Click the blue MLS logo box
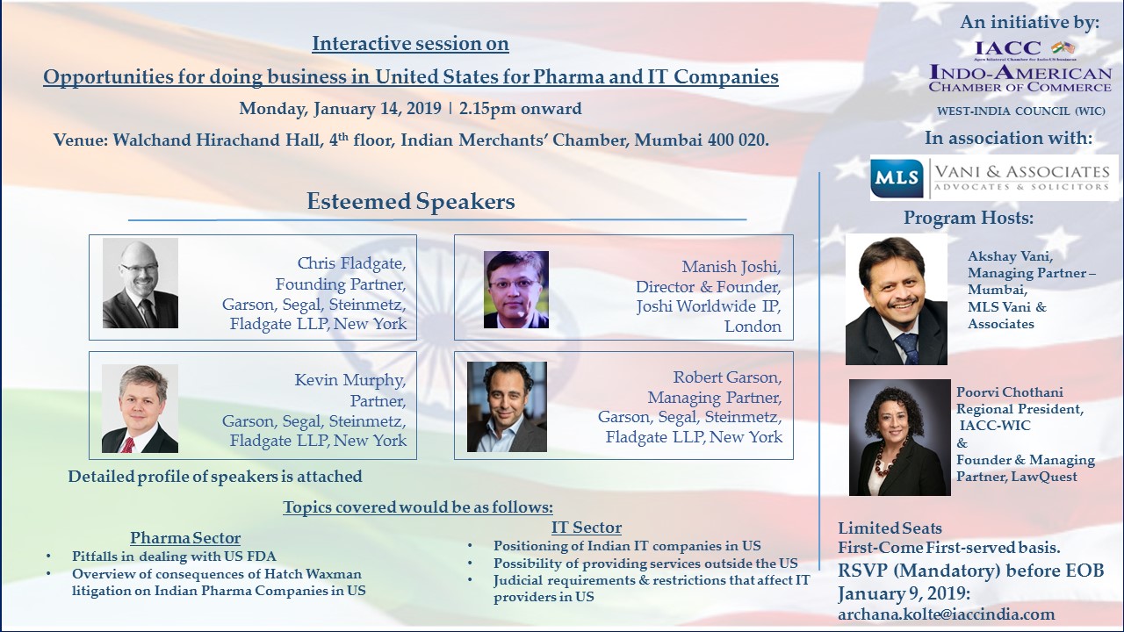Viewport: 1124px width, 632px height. click(x=897, y=178)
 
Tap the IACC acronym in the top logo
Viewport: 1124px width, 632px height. click(x=1007, y=48)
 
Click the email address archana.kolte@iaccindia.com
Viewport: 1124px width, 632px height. click(x=946, y=614)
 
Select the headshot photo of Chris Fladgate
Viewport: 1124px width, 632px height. click(x=140, y=283)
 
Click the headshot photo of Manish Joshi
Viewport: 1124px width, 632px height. click(x=515, y=290)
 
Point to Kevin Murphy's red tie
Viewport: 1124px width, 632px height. click(x=128, y=444)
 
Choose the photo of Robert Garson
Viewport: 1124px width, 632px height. click(x=507, y=406)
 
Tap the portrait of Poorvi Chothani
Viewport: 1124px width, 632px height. click(x=900, y=437)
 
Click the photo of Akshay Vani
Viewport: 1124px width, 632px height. click(x=897, y=299)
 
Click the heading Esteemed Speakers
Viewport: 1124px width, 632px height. click(x=411, y=201)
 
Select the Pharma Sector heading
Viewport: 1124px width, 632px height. click(x=185, y=538)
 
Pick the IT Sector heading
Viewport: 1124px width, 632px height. click(x=586, y=528)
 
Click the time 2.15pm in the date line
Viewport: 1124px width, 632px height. click(x=487, y=108)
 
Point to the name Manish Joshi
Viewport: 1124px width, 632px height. click(x=731, y=266)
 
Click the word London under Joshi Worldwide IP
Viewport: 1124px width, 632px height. click(x=753, y=326)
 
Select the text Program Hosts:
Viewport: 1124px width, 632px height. click(x=969, y=218)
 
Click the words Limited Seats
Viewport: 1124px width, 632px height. click(x=890, y=528)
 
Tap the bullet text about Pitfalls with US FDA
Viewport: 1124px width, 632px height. click(x=174, y=556)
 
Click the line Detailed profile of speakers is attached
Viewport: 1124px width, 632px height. click(x=215, y=476)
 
